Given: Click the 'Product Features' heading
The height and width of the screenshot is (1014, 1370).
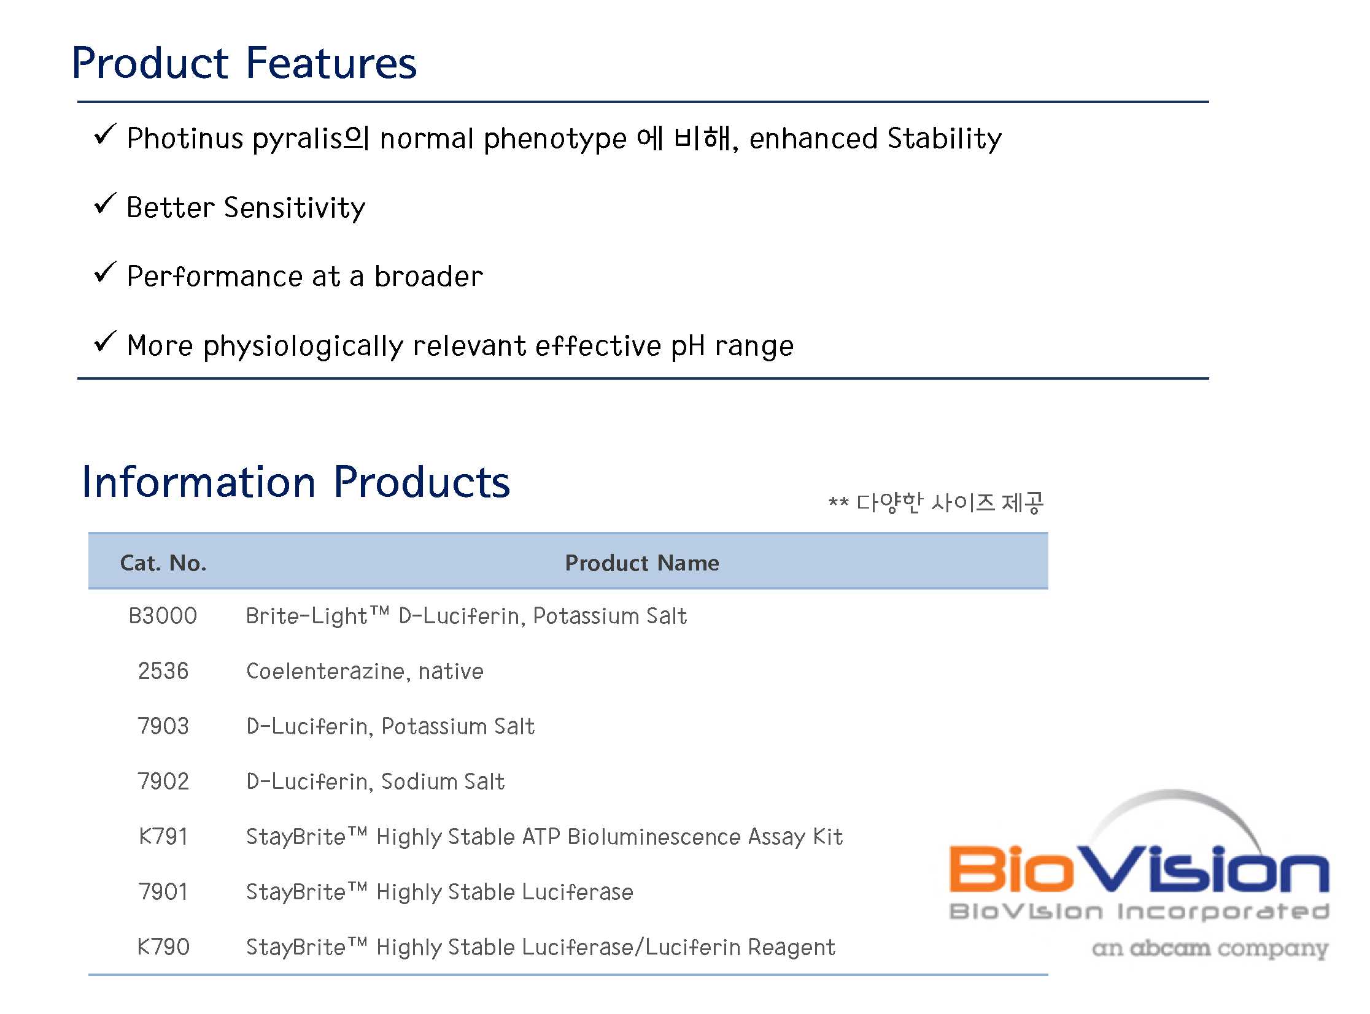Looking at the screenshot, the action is [244, 63].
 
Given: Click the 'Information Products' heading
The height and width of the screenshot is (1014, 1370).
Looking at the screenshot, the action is [296, 482].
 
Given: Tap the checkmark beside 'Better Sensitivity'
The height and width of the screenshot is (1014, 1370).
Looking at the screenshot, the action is [105, 204].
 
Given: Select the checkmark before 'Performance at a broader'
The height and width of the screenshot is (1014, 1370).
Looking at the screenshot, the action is [105, 272].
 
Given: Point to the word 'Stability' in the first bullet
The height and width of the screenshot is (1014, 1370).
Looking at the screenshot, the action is [945, 139].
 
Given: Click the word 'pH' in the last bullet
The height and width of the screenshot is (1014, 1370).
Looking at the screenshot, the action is [687, 346].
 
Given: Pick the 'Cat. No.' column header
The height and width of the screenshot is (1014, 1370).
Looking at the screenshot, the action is [163, 563].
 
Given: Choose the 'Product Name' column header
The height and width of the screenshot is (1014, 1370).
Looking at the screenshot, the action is [641, 563].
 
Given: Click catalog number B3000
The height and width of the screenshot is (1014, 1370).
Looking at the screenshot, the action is [163, 616].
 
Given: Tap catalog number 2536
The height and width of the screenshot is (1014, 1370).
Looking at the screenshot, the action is [163, 671].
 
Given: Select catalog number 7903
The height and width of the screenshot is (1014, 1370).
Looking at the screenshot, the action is [163, 726].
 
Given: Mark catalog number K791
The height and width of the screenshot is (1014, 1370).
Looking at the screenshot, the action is [163, 837].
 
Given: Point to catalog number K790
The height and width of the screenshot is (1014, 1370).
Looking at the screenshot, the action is [163, 947].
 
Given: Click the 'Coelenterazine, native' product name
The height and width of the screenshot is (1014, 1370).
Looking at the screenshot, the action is [365, 672].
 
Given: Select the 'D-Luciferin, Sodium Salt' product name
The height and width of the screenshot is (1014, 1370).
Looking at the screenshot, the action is [375, 782].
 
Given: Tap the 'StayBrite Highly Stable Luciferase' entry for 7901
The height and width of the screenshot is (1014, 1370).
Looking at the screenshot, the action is [439, 892].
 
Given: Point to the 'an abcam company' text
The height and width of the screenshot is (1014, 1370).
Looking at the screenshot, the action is [1210, 949].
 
